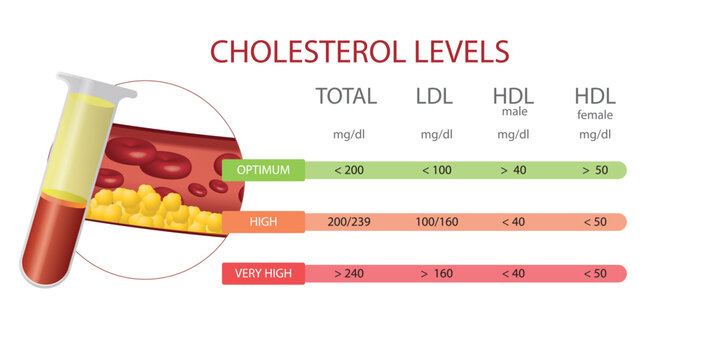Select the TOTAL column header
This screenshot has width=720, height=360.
tap(346, 97)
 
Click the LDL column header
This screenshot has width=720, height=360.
tap(435, 97)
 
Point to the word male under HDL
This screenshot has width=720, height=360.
tap(513, 112)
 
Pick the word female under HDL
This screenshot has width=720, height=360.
tap(594, 114)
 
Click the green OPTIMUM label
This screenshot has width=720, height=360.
tap(263, 170)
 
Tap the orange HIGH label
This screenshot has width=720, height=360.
tap(263, 221)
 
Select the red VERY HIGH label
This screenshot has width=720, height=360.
tap(263, 273)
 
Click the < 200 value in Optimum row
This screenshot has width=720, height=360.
tap(348, 170)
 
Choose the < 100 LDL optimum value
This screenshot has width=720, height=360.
tap(436, 170)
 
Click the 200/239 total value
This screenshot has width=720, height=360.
tap(348, 221)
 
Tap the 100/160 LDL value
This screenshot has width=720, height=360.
tap(436, 221)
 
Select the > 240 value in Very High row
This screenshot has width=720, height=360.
tap(348, 273)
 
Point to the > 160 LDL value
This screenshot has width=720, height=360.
tap(436, 273)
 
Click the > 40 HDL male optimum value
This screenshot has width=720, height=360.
tap(514, 170)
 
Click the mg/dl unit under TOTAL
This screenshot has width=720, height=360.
tap(347, 134)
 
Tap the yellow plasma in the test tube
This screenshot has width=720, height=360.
tap(78, 140)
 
